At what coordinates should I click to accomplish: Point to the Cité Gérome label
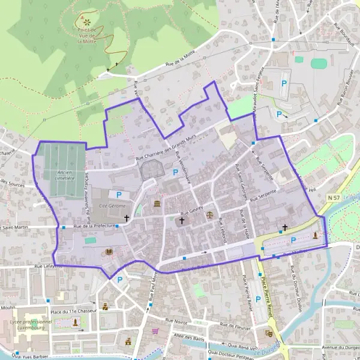point(111,206)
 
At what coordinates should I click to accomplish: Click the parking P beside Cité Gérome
point(119,194)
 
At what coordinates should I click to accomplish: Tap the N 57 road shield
point(334,197)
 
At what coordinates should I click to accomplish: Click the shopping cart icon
point(155,331)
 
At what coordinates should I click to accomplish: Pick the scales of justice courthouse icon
point(209,212)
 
